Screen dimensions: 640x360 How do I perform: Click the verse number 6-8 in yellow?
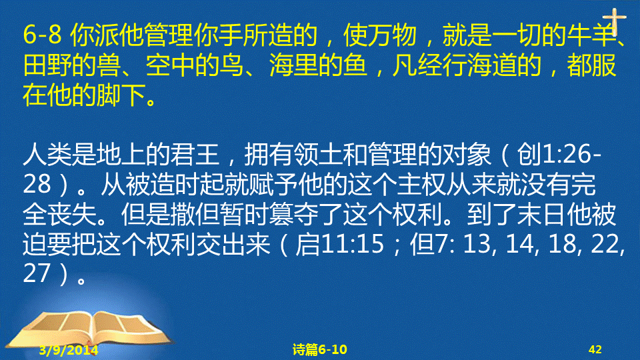point(43,35)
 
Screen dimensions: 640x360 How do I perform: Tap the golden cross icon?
point(614,21)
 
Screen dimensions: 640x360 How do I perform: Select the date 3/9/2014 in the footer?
point(69,350)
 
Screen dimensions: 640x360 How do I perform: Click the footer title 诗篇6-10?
point(320,349)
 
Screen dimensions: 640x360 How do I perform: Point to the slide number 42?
point(595,349)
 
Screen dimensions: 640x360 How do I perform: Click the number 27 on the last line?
point(37,273)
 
